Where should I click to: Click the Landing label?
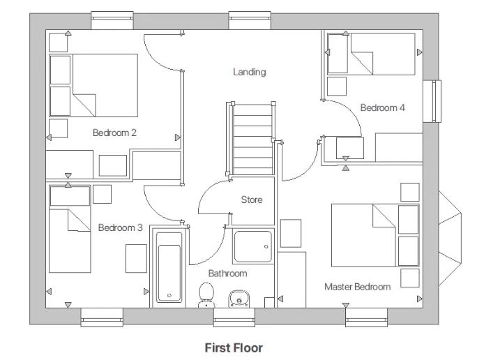249,72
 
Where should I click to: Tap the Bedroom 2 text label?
114,133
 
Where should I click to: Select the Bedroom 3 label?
120,227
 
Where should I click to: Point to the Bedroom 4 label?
382,107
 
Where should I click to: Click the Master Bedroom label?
357,287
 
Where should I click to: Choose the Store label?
252,200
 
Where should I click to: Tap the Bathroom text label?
227,273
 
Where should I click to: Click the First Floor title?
233,347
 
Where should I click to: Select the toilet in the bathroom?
206,294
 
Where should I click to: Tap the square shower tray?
253,247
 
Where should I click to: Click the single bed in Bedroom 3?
70,230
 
